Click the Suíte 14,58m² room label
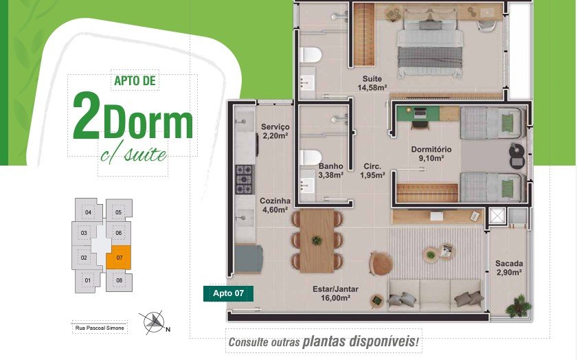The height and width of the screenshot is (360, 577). (372, 83)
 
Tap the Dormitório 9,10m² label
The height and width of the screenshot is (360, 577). (431, 154)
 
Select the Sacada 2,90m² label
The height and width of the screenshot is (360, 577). (509, 268)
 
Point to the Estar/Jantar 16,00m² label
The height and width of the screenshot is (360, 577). (335, 293)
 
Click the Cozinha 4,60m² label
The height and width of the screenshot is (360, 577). (275, 205)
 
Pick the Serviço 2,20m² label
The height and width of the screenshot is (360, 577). (275, 131)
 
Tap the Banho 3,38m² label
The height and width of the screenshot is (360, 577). (331, 171)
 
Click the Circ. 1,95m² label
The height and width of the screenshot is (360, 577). (372, 171)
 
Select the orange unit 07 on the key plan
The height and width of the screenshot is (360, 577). (118, 258)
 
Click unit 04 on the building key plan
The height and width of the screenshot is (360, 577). (89, 211)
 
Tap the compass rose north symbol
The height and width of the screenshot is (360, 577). (153, 322)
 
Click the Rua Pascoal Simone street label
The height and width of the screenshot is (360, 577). (100, 328)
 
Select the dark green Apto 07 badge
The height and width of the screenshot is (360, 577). (228, 293)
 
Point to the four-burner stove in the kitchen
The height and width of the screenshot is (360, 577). (245, 179)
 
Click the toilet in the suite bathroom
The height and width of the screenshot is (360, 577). (310, 55)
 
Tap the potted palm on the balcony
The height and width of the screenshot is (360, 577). (518, 306)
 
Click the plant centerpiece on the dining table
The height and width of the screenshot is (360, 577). (317, 240)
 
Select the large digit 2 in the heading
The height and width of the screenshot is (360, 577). (86, 115)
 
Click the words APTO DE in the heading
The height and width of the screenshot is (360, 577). (135, 80)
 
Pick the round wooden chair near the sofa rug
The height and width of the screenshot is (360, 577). (381, 263)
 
